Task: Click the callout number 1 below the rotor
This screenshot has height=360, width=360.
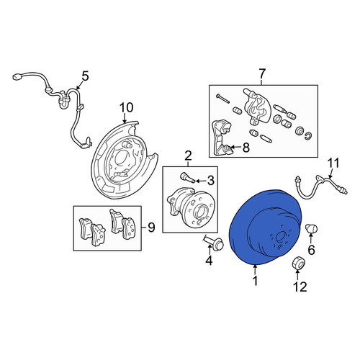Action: [256, 281]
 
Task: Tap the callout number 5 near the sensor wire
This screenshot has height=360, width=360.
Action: [85, 76]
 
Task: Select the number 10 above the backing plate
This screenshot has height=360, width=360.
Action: [127, 107]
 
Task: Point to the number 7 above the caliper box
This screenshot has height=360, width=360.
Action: [261, 73]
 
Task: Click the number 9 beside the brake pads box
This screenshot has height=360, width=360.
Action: [151, 227]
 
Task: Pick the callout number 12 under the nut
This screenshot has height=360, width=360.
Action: [300, 287]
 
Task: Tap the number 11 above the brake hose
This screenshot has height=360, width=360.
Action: [333, 163]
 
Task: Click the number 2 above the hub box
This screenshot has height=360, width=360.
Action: [188, 156]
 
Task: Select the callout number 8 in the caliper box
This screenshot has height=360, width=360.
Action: [246, 148]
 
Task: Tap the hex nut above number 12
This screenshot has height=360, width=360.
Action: [297, 262]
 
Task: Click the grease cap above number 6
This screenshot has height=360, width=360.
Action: [311, 228]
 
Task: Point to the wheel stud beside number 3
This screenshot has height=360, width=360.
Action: [186, 178]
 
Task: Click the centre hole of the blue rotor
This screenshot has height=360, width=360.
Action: [280, 238]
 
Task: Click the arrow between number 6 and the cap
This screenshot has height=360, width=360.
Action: [311, 238]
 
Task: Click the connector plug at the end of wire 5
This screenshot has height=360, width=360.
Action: [17, 76]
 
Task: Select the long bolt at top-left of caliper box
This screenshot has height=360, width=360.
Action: [222, 99]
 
